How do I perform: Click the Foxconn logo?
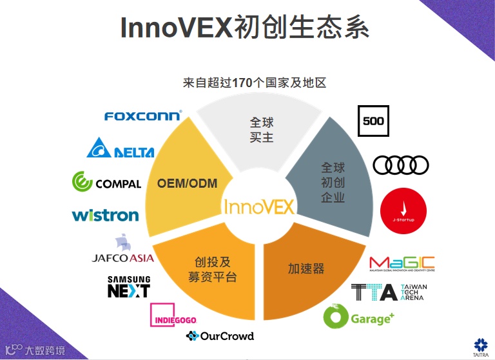[x=143, y=116]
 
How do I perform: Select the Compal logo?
[x=106, y=183]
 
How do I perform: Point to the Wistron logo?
[x=105, y=215]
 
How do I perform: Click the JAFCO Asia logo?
[x=122, y=252]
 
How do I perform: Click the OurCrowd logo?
[x=220, y=336]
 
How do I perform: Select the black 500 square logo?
[x=374, y=121]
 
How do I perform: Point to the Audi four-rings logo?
[x=401, y=165]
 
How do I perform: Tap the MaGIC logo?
[x=402, y=265]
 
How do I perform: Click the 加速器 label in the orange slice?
[x=306, y=268]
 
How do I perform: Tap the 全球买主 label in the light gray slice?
[x=262, y=129]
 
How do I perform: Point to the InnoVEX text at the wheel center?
[x=258, y=206]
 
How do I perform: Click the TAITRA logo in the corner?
[x=480, y=346]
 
